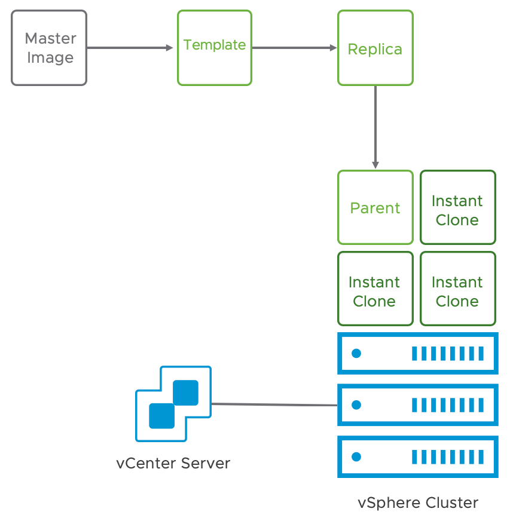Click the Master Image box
tap(49, 48)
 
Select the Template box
tap(214, 48)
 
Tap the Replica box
tap(375, 48)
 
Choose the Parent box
tap(375, 207)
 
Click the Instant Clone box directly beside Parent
tap(457, 207)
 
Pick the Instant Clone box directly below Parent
tap(375, 289)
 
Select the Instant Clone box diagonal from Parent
tap(457, 289)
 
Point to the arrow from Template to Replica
tap(293, 48)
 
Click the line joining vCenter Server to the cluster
tap(274, 404)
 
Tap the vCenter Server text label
tap(173, 463)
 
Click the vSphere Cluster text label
tap(418, 502)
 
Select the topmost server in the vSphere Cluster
tap(418, 353)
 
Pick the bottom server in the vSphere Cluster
tap(418, 457)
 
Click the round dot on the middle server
tap(357, 405)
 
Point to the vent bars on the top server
tap(447, 353)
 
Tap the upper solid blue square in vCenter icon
tap(185, 393)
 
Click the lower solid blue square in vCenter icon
tap(161, 416)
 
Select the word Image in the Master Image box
tap(50, 58)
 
